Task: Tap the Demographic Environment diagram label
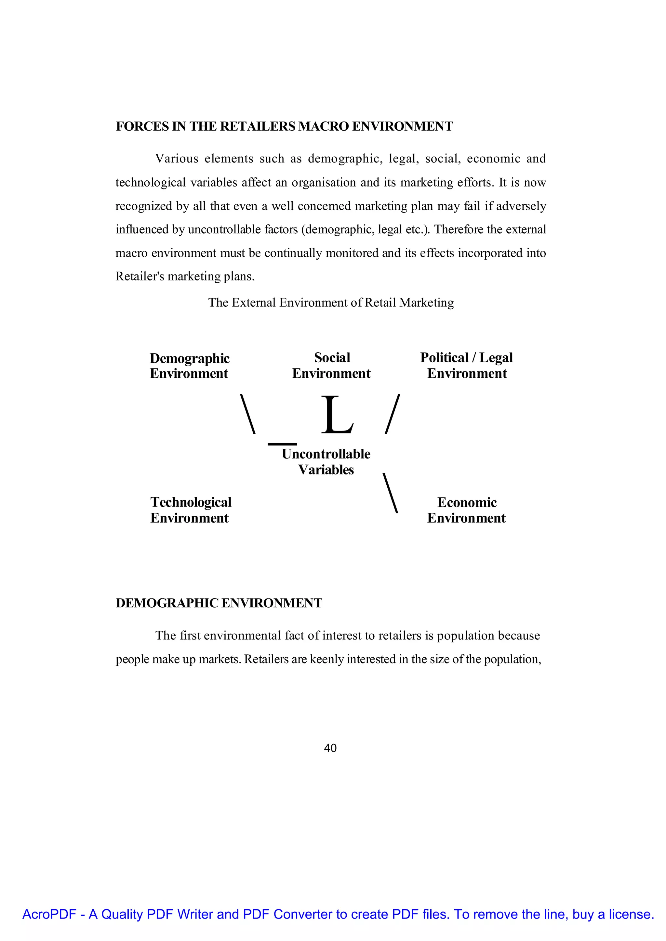(190, 366)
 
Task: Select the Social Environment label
(331, 366)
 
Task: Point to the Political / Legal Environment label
(467, 366)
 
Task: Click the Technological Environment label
(191, 510)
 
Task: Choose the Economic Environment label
(467, 510)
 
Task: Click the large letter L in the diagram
(337, 415)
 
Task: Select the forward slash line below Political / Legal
(393, 414)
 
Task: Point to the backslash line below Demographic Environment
(248, 414)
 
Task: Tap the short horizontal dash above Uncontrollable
(282, 444)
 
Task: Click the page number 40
(330, 748)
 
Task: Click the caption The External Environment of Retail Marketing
(331, 303)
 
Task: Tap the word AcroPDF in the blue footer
(49, 914)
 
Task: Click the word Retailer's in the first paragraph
(140, 277)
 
